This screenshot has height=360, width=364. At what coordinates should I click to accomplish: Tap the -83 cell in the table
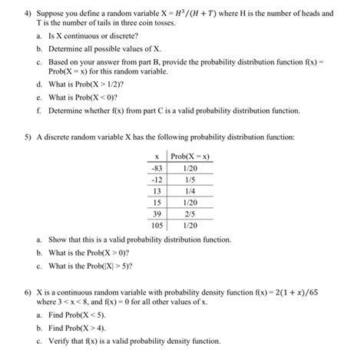tap(157, 167)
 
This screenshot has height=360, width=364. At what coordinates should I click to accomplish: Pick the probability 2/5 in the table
tap(190, 213)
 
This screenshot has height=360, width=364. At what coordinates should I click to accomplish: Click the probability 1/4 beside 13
tap(190, 190)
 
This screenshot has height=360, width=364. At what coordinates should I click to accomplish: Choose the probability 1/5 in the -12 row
tap(190, 179)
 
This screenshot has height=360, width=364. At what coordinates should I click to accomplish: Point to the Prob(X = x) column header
tap(191, 156)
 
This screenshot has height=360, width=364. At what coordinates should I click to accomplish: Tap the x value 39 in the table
tap(157, 213)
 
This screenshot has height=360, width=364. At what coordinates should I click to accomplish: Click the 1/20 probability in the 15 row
tap(190, 202)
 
